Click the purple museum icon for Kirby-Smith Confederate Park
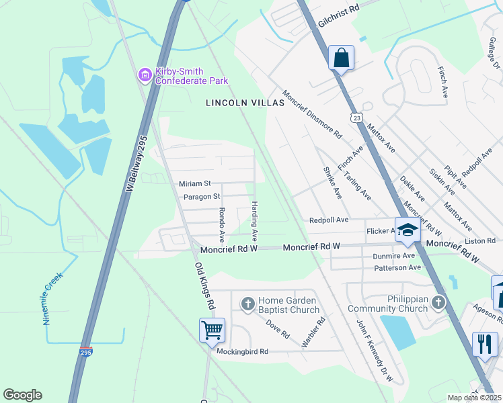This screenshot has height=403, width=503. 145,75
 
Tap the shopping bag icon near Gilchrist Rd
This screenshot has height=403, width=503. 341,58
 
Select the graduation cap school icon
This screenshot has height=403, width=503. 407,230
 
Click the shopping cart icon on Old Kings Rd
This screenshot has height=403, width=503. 212,330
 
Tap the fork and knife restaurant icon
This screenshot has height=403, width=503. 485,345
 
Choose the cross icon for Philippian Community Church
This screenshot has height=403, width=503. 438,303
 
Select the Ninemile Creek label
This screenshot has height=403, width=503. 53,298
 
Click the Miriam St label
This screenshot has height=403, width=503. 195,183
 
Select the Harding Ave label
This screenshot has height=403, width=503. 255,222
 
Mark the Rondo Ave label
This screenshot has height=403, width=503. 221,224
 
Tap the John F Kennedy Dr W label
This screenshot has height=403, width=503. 375,349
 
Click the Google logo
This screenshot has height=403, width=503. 23,395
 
